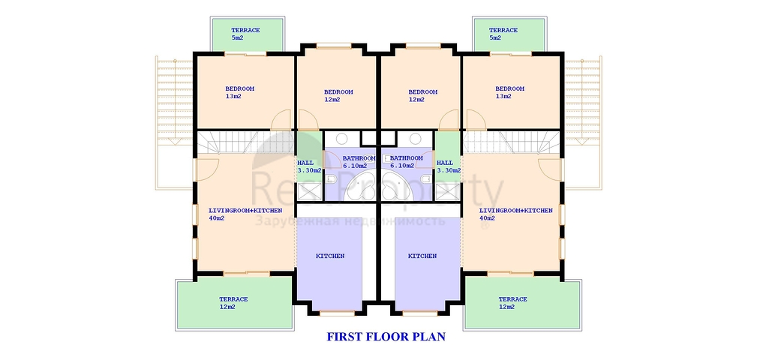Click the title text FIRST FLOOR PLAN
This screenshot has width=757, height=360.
click(x=386, y=336)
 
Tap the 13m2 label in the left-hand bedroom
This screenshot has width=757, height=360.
click(x=233, y=96)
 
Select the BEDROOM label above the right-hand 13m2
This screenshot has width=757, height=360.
click(x=509, y=88)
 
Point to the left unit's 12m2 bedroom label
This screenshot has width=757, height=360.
click(x=332, y=100)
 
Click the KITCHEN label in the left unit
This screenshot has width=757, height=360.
click(x=330, y=256)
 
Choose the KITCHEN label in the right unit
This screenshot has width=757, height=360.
click(x=422, y=256)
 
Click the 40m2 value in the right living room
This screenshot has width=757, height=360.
click(x=487, y=218)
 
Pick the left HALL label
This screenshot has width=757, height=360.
click(x=305, y=163)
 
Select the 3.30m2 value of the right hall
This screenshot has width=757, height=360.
click(x=449, y=170)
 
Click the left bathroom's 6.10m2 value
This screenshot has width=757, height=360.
click(x=355, y=166)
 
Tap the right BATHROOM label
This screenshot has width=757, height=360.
click(x=407, y=158)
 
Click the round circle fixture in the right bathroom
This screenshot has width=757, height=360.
click(x=415, y=139)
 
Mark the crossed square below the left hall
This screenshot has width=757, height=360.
click(x=310, y=191)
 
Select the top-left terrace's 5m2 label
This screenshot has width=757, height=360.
click(x=238, y=37)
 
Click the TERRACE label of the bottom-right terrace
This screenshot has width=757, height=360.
click(x=512, y=299)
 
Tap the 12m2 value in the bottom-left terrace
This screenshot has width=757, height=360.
click(x=227, y=307)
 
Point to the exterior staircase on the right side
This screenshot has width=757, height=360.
click(x=583, y=123)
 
